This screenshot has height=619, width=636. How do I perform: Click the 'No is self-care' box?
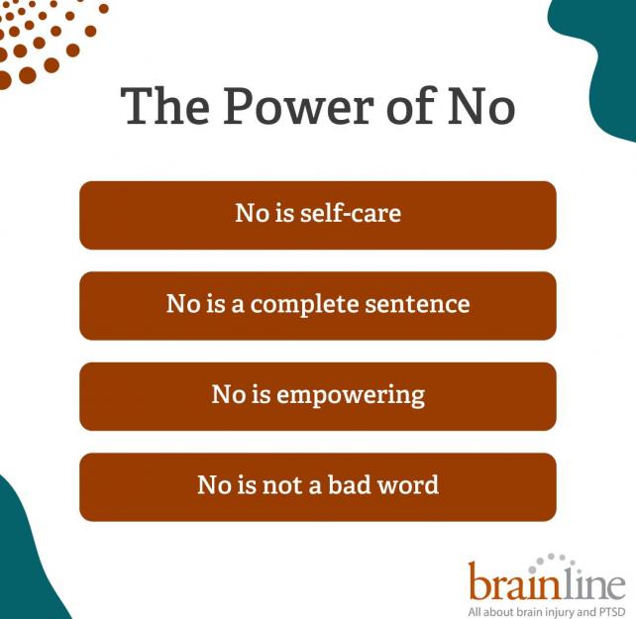(317, 215)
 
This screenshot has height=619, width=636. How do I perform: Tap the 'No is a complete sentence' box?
(317, 305)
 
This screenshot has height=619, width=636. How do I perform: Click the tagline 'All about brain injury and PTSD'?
(547, 603)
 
